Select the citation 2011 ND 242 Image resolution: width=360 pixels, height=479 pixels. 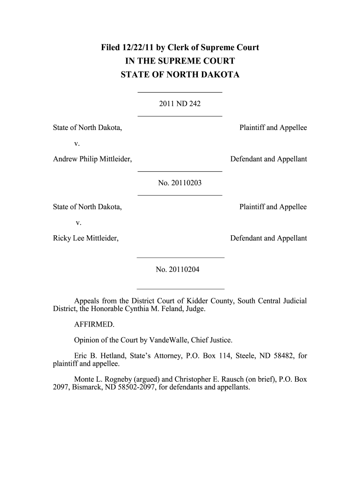(180, 103)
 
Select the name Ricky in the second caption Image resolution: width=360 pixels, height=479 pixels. (62, 238)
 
